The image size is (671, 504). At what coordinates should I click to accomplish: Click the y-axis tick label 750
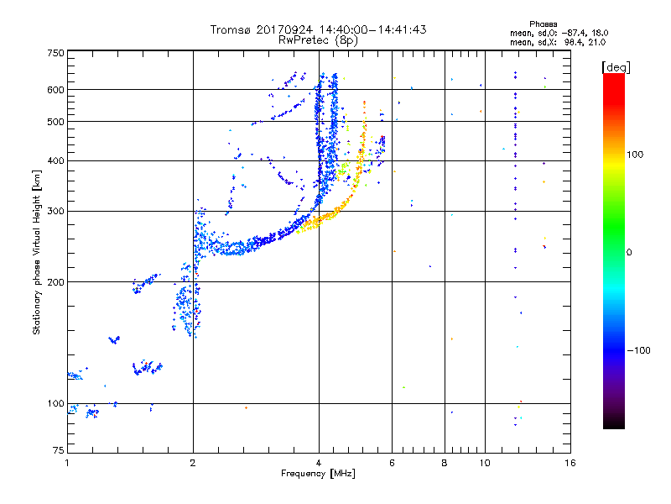point(55,53)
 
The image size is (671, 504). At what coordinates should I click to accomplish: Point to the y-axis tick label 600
point(55,90)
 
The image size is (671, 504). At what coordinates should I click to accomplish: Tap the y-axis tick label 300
point(55,211)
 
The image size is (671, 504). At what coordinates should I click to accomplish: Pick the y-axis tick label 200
point(55,282)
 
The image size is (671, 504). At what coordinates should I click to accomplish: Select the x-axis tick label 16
point(570,463)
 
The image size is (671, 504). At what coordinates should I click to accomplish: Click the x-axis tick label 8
point(445,463)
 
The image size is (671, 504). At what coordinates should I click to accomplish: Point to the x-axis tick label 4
point(319,463)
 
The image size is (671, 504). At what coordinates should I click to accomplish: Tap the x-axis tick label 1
point(67,463)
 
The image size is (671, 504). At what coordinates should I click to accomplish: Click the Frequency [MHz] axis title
point(318,475)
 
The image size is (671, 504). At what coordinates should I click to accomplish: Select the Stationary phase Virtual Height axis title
point(37,251)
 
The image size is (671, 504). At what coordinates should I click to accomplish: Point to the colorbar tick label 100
point(640,155)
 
